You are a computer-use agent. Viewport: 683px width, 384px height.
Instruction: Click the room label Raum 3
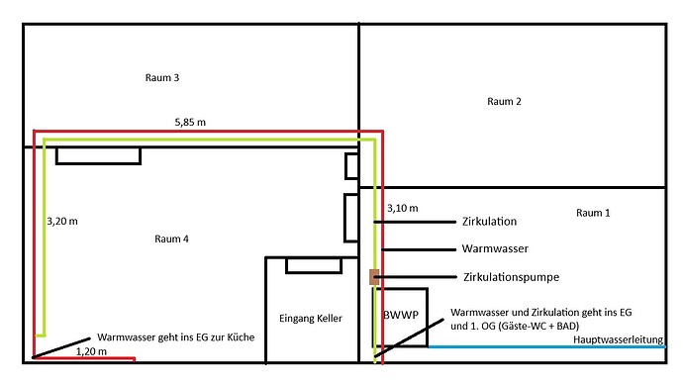[162, 77]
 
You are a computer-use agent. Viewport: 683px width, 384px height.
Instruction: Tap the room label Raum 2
[504, 101]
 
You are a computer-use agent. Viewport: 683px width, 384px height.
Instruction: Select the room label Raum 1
[594, 213]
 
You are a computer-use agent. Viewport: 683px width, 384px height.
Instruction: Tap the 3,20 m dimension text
[62, 222]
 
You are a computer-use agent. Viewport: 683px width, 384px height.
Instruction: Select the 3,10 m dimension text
[402, 209]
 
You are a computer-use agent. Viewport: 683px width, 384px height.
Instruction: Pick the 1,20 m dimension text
[92, 350]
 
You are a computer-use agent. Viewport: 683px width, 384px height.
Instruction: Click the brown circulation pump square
[374, 277]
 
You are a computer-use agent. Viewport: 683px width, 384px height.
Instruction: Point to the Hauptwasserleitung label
[618, 340]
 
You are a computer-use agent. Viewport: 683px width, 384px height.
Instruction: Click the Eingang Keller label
[311, 319]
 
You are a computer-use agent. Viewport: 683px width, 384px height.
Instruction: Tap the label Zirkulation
[489, 222]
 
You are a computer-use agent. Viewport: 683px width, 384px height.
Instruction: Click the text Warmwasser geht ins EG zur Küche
[175, 337]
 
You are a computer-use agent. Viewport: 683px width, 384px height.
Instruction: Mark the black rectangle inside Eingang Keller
[314, 264]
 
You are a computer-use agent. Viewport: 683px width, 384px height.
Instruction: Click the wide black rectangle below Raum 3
[98, 155]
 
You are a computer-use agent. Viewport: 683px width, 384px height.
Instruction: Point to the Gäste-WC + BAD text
[547, 326]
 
